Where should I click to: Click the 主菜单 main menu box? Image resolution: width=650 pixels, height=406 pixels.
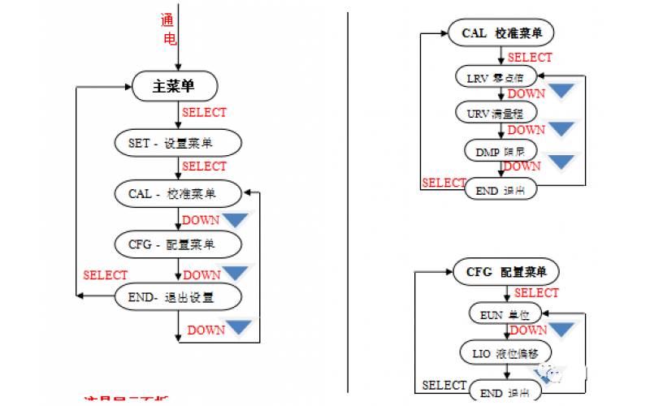pos(174,85)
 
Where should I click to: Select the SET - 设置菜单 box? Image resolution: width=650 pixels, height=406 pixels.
pos(178,143)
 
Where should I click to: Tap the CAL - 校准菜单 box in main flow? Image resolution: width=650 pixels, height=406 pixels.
pos(178,194)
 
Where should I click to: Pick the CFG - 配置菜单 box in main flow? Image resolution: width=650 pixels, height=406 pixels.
pos(178,244)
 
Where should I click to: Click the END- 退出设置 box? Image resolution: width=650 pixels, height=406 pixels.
pos(178,297)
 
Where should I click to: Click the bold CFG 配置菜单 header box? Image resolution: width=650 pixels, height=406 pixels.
pos(505,272)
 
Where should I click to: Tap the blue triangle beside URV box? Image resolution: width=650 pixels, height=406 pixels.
pos(562,128)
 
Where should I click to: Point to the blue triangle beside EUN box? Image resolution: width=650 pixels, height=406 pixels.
pos(562,329)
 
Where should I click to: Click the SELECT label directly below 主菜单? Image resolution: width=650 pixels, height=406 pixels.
pos(204,112)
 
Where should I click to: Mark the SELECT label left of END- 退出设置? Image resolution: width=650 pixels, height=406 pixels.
pos(106,275)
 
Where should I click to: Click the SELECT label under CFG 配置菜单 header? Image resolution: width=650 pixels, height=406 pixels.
pos(536,293)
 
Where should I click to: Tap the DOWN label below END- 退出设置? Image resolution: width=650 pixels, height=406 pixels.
pos(206,330)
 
